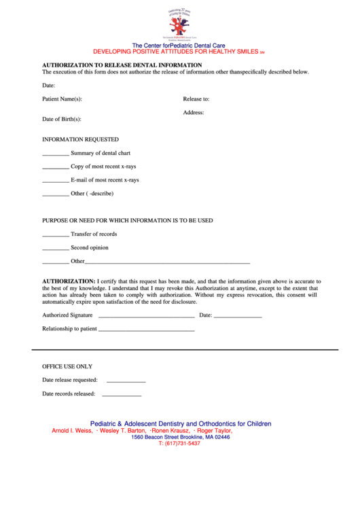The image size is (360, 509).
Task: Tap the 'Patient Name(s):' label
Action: (62, 99)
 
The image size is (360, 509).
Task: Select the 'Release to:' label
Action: (196, 99)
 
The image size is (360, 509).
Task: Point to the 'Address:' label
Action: (194, 112)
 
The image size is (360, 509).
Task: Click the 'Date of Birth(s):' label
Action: (62, 119)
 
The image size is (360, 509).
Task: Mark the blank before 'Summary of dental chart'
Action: (56, 154)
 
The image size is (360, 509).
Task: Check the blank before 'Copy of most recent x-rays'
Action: (56, 167)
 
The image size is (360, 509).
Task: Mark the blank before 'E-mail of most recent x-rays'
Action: (56, 181)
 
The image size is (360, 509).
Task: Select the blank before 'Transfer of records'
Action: (56, 234)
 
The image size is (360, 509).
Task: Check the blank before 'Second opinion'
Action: (56, 248)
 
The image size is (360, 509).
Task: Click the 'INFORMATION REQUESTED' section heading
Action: (80, 139)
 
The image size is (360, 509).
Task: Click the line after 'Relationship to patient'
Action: (146, 330)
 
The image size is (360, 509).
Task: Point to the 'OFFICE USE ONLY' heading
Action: (67, 366)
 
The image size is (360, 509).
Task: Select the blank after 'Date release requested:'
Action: (126, 381)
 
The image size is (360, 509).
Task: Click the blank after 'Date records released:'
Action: (122, 395)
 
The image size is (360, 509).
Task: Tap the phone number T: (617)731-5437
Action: (179, 444)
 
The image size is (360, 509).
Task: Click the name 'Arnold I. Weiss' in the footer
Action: (72, 431)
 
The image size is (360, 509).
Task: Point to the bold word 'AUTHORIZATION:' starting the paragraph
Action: (69, 281)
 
